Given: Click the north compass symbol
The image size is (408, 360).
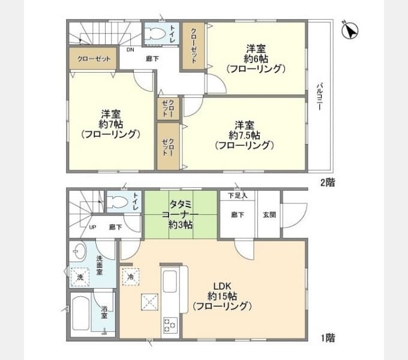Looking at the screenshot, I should pyautogui.click(x=350, y=30).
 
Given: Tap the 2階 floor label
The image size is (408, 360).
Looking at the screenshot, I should pyautogui.click(x=327, y=182).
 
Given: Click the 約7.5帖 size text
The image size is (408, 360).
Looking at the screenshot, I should pyautogui.click(x=244, y=135).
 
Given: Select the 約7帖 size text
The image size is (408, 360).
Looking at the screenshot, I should pyautogui.click(x=111, y=124).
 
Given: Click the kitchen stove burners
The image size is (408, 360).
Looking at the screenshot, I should pyautogui.click(x=169, y=326).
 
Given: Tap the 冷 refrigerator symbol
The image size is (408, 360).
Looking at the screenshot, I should pyautogui.click(x=131, y=277).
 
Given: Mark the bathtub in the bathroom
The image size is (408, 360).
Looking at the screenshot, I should pyautogui.click(x=81, y=313).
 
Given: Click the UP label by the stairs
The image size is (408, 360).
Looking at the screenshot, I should pyautogui.click(x=93, y=227).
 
